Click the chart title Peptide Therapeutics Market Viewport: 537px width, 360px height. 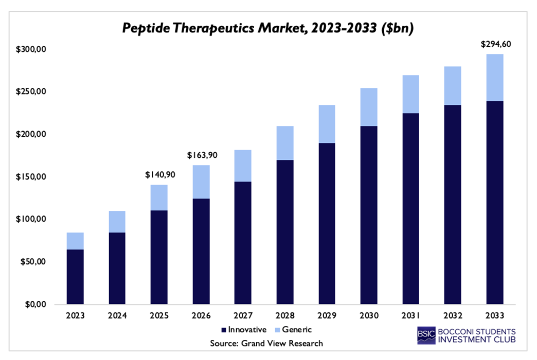coord(268,28)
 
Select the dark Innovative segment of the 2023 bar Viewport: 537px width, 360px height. coord(75,277)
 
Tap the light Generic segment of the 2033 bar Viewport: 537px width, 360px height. coord(495,77)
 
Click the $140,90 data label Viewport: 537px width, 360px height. coord(159,175)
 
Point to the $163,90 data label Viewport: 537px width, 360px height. coord(201,155)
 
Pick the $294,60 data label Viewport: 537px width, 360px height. coord(495,44)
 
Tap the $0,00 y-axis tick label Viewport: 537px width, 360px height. coord(36,304)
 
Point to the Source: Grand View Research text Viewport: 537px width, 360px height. coord(266,343)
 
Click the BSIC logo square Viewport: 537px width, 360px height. coord(426,335)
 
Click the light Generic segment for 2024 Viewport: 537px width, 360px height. coord(117,222)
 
